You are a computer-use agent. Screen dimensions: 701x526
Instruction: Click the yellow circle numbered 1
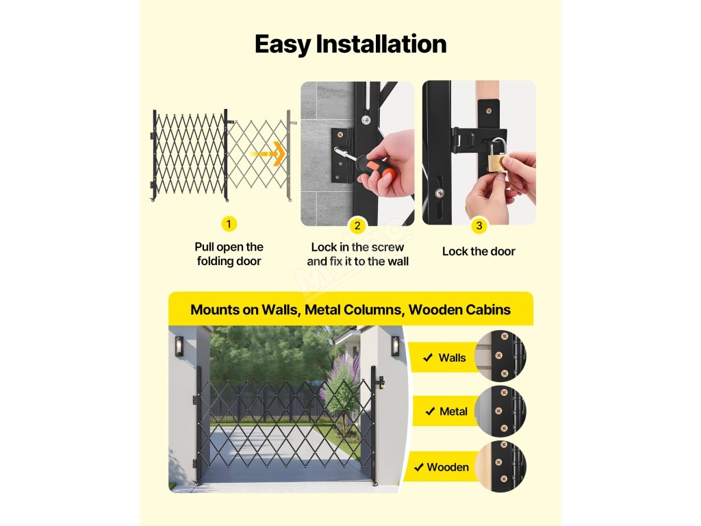tap(229, 224)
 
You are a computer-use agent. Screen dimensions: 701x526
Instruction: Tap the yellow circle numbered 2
tap(357, 226)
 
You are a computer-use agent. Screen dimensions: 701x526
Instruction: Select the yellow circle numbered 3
tap(479, 226)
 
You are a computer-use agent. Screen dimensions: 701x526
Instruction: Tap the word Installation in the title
tap(381, 45)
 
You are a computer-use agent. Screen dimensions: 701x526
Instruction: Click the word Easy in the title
tap(283, 45)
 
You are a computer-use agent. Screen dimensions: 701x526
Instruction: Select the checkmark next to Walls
tap(428, 358)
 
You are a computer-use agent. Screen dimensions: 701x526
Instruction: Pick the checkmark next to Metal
tap(430, 411)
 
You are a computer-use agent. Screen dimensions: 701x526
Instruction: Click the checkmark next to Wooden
tap(419, 467)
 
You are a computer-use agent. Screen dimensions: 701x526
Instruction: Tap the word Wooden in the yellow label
tap(448, 467)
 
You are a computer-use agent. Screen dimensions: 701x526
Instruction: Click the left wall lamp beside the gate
tap(179, 347)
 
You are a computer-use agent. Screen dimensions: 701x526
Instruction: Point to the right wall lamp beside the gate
tap(396, 346)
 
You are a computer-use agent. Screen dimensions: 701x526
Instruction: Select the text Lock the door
tap(479, 251)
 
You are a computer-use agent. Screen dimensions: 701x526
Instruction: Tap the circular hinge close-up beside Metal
tap(500, 411)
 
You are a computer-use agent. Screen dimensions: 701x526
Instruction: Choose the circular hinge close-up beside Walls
tap(500, 356)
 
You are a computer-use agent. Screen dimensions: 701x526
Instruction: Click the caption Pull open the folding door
tap(229, 254)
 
